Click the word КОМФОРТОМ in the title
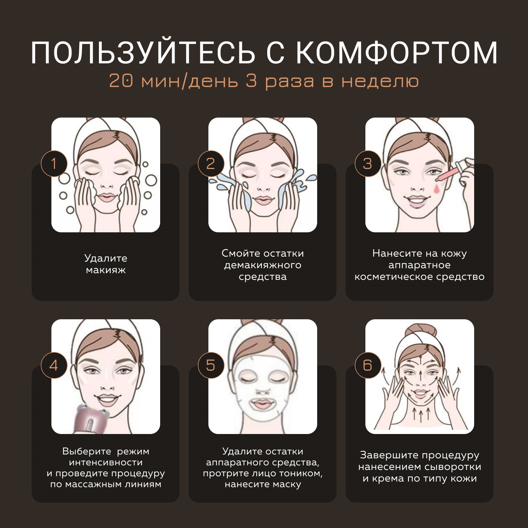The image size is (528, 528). pos(397,53)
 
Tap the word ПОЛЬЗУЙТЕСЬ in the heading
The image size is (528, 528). pos(143,53)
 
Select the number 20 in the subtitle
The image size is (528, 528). pos(121,81)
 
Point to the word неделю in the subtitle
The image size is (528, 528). pos(380,81)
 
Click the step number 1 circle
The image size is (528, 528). pos(54,164)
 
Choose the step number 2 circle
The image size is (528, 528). pos(210,164)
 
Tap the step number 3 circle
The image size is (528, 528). pos(367,164)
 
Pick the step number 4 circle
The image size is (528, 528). pos(54,365)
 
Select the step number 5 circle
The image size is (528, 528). pos(210,365)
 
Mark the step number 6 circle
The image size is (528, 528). pos(367,365)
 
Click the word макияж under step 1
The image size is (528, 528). pos(106,270)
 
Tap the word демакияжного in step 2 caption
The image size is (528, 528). pos(263,265)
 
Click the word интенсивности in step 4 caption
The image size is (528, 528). pos(106,462)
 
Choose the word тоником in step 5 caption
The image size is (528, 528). pos(299,473)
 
